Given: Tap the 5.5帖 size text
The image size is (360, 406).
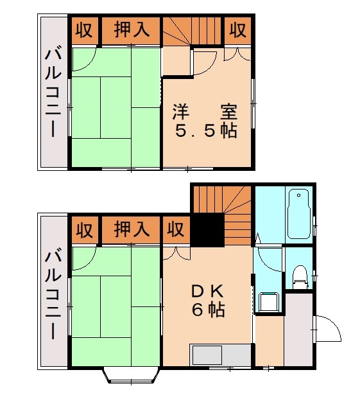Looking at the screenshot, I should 206,130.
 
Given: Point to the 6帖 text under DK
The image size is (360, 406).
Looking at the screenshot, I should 207,310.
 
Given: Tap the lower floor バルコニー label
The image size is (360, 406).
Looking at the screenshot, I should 53,292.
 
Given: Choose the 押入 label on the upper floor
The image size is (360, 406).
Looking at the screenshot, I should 132,30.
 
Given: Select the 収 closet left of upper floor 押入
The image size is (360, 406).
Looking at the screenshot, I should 84,30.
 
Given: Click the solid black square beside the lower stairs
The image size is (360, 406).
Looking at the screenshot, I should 208,230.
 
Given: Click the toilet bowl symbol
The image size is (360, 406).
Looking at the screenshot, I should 300,275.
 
